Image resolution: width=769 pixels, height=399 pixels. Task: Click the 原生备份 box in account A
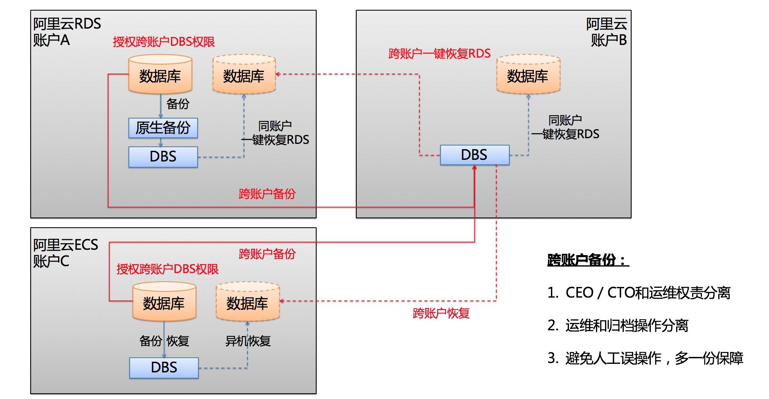pos(163,128)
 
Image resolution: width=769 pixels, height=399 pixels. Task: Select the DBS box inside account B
pos(474,155)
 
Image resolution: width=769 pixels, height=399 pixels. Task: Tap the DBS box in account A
pos(163,157)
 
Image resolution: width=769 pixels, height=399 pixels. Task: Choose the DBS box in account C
pos(164,368)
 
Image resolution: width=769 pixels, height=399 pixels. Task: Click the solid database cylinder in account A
pos(160,76)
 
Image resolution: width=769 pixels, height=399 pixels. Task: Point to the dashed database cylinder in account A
pos(244,76)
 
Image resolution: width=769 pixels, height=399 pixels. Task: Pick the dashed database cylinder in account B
pos(528,76)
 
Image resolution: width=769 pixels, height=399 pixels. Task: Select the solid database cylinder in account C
pos(164,303)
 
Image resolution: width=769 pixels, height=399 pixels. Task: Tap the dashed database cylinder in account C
pos(247,303)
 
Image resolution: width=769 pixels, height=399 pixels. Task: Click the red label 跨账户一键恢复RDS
pos(439,54)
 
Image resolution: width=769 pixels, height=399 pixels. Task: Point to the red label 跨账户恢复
pos(441,314)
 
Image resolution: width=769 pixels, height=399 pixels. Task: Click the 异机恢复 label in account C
pos(248,341)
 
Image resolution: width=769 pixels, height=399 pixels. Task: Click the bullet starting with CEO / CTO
pos(639,293)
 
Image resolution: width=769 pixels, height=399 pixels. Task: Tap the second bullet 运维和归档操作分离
pos(618,325)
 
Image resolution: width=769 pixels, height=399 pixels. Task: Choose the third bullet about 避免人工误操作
pos(645,358)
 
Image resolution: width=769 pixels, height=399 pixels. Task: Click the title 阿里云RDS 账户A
pos(67,32)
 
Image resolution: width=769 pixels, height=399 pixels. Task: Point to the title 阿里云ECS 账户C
pos(65,253)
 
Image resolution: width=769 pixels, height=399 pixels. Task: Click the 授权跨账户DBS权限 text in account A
pos(164,42)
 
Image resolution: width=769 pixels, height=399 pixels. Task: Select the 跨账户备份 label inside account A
pos(267,194)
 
